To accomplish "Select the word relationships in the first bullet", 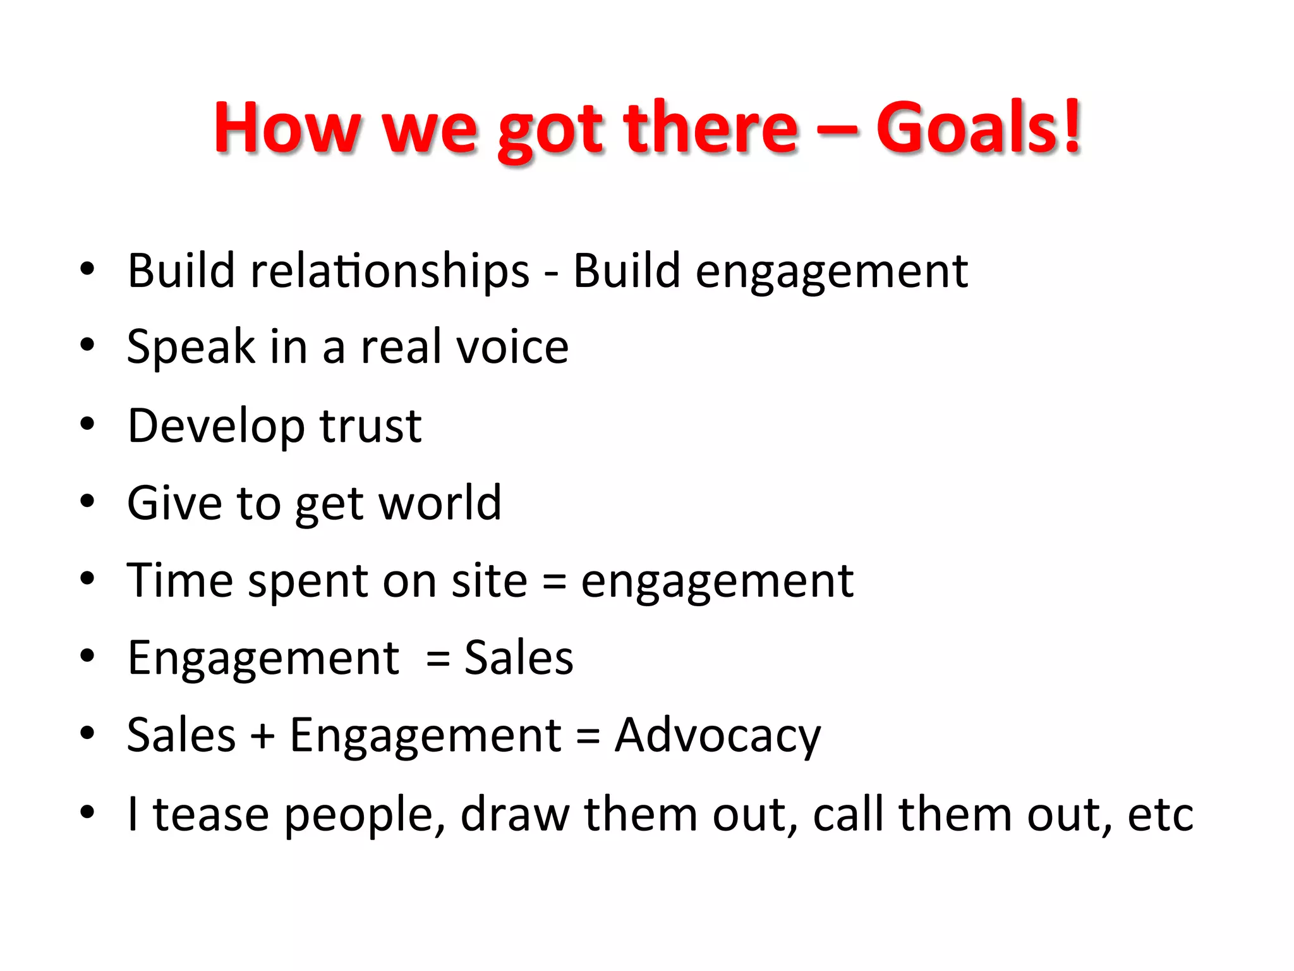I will (390, 271).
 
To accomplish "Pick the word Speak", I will (191, 347).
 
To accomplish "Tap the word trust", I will (370, 425).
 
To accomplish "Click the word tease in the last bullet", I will (211, 814).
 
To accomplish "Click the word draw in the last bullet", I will (514, 814).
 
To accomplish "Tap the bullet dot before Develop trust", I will (87, 424).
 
